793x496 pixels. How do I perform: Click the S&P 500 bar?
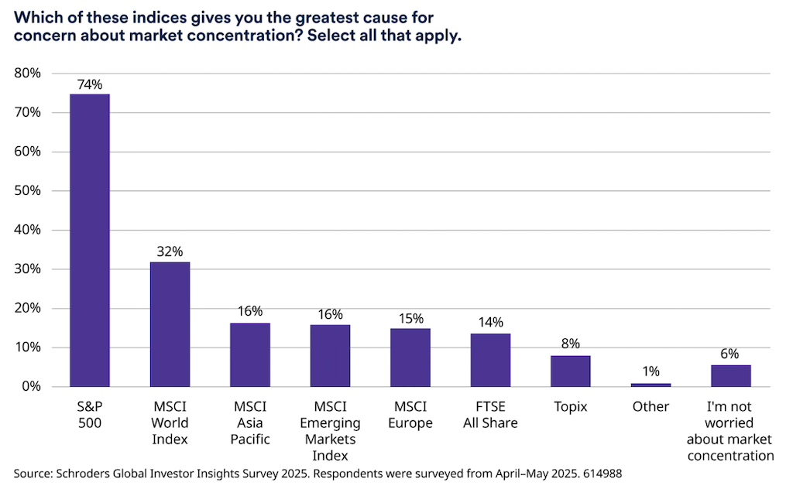[x=90, y=240]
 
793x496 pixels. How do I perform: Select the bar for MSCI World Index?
[x=170, y=324]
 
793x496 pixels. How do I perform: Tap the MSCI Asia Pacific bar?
[x=250, y=354]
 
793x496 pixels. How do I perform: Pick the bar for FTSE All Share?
[x=490, y=360]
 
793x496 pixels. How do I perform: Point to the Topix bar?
[x=571, y=371]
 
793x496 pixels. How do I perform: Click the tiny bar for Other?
[x=651, y=385]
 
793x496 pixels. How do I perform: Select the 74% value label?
[x=90, y=85]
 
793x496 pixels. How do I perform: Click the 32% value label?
[x=170, y=251]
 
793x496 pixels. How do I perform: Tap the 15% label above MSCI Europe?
[x=410, y=318]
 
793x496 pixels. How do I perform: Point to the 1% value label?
[x=651, y=372]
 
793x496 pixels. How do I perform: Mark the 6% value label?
[x=730, y=354]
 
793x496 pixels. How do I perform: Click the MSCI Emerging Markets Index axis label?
[x=330, y=431]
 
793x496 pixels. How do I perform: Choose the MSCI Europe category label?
[x=410, y=415]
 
